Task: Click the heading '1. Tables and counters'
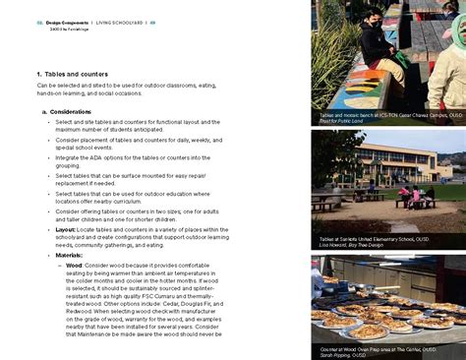72,75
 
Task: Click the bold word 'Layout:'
66,228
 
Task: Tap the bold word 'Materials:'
70,255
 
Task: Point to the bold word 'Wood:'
76,266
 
